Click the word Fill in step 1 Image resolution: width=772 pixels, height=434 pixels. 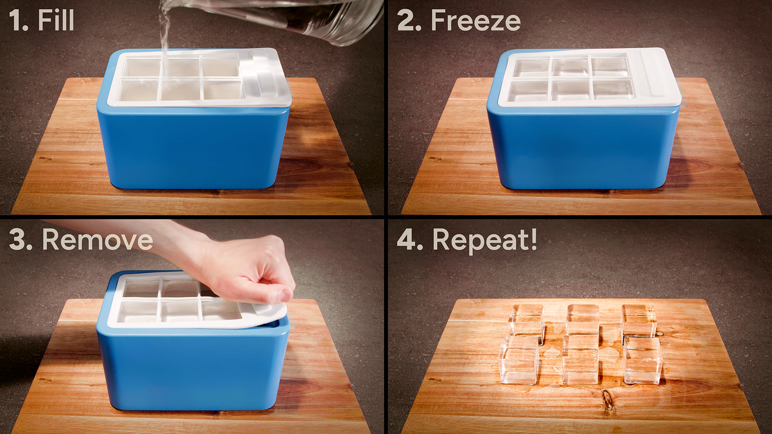point(56,21)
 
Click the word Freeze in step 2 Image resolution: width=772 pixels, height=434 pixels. point(475,21)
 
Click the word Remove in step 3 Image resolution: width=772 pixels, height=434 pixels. point(97,240)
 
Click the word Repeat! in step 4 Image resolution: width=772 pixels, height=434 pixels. point(484,240)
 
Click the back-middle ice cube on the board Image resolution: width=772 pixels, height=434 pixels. point(583,319)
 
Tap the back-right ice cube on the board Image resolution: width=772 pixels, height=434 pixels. point(638,320)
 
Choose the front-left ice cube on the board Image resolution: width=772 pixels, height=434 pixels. point(519,360)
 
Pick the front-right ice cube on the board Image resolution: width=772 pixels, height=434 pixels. point(643,360)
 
